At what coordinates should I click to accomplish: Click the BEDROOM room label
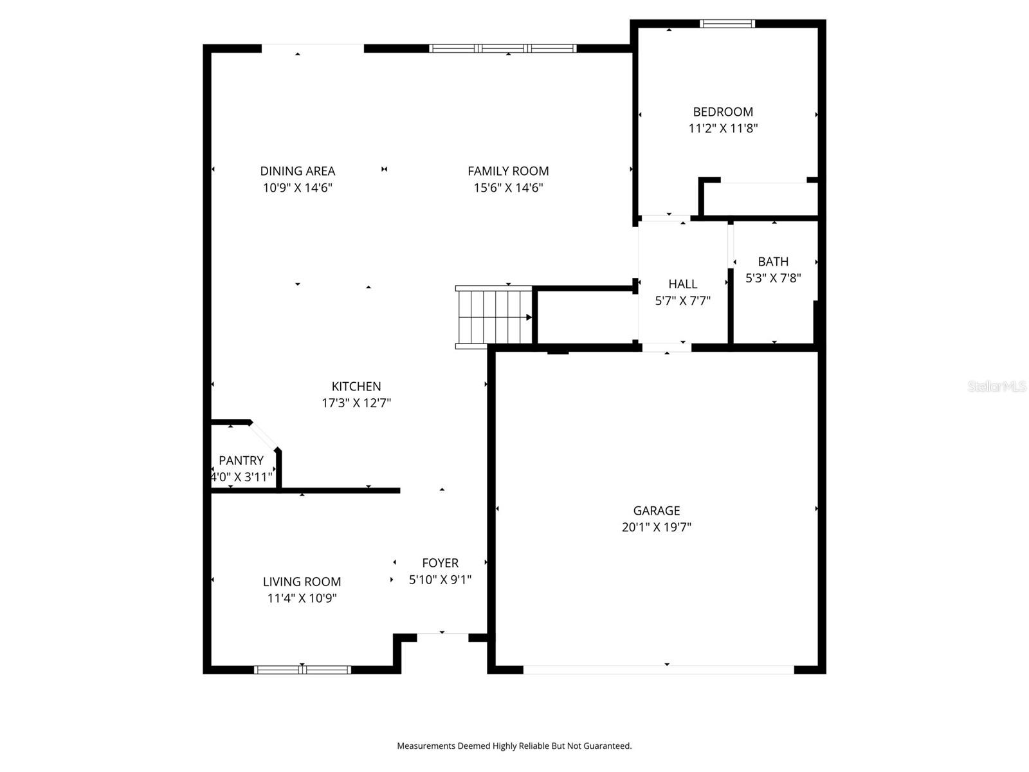point(723,112)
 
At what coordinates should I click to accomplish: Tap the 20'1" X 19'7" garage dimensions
point(657,528)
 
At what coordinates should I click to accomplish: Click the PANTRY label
point(241,461)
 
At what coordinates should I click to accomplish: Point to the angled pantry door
point(264,436)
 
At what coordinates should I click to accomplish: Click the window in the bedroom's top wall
point(727,24)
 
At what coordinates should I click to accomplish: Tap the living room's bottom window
point(302,670)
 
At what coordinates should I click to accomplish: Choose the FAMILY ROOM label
point(508,171)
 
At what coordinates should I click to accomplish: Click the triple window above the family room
point(503,48)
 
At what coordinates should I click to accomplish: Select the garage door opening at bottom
point(659,670)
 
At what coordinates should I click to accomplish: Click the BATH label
point(773,262)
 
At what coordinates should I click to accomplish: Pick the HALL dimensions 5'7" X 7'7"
point(682,300)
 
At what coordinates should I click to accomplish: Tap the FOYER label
point(441,563)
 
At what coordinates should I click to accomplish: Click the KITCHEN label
point(356,387)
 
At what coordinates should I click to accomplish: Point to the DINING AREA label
point(297,171)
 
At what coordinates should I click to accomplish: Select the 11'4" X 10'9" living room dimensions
point(302,598)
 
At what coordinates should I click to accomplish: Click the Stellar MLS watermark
point(997,386)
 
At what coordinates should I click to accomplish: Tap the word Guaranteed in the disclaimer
point(606,746)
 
